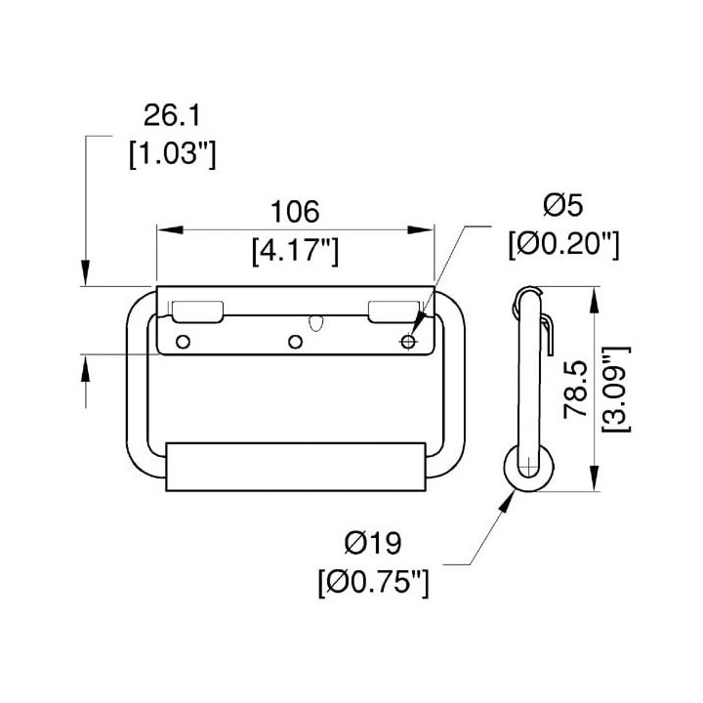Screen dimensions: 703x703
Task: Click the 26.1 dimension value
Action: click(x=172, y=115)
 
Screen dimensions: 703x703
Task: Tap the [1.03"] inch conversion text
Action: click(x=172, y=154)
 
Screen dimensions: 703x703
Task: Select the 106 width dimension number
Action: click(x=295, y=212)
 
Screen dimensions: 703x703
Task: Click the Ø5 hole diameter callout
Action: click(x=563, y=205)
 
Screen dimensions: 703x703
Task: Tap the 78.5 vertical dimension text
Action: click(x=576, y=389)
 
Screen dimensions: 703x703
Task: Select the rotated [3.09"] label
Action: click(x=615, y=390)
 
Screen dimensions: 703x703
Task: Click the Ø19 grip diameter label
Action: click(x=373, y=544)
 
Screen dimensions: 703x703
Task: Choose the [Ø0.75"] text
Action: click(x=373, y=582)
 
